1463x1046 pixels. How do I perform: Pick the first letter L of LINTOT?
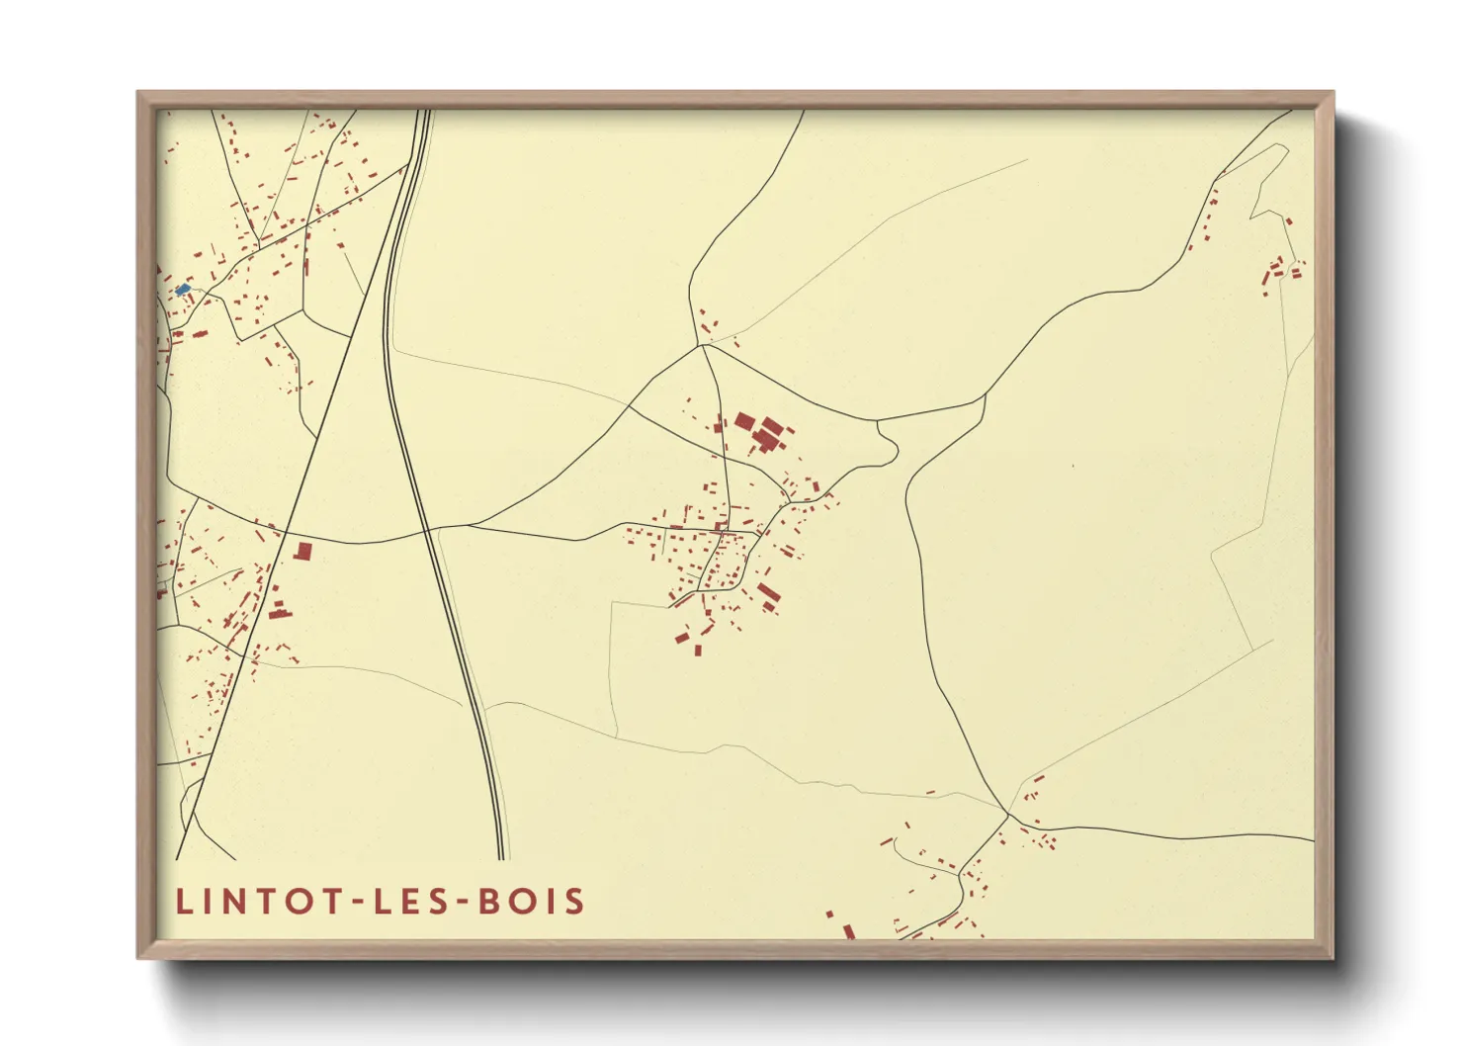point(183,902)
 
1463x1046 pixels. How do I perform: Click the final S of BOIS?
point(575,902)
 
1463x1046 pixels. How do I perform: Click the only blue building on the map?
point(182,290)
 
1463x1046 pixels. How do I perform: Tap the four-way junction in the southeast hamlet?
point(1007,816)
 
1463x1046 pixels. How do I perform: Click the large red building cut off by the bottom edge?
point(848,931)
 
